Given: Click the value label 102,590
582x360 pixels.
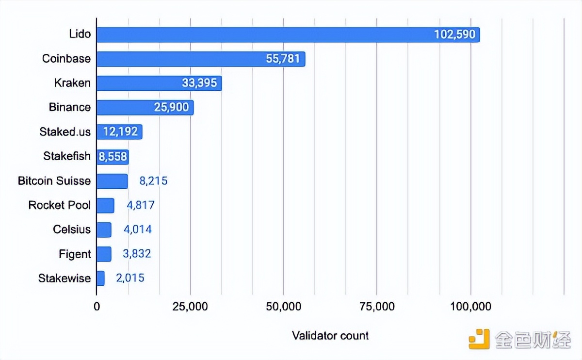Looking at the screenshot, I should click(x=455, y=34).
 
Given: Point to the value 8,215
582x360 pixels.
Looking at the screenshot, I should click(x=153, y=181).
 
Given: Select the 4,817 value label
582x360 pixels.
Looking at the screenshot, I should click(x=141, y=205).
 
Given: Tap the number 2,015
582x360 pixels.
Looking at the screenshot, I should click(x=130, y=278).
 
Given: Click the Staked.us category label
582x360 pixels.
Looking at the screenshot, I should click(x=65, y=131).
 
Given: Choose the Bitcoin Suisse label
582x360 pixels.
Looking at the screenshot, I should click(x=54, y=181).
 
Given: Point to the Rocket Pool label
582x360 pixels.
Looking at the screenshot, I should click(x=60, y=205).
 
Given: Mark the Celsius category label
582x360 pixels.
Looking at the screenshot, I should click(x=72, y=229).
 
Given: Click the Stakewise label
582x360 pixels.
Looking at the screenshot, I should click(x=65, y=278).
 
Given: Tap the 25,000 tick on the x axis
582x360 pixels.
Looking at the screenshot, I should click(x=190, y=307).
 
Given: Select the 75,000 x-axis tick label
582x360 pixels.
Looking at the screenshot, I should click(x=377, y=307).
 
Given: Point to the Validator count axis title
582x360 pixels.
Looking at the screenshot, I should click(x=330, y=335).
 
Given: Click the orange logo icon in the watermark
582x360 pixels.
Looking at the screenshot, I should click(x=479, y=339).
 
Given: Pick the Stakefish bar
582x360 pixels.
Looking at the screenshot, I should click(x=113, y=156).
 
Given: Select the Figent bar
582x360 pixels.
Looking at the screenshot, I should click(x=104, y=254).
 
